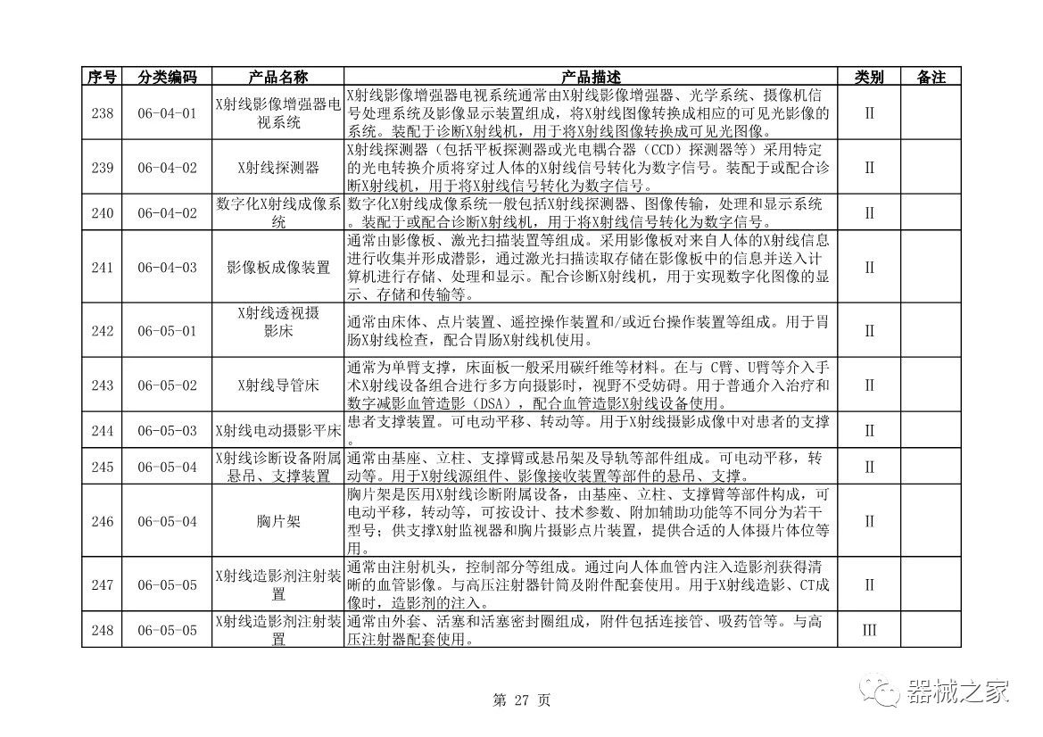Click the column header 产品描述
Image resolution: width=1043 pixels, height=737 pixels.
(x=590, y=78)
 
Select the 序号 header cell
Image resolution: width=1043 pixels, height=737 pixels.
(x=103, y=78)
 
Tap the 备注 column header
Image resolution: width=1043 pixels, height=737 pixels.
(x=931, y=78)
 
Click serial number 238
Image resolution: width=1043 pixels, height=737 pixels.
(x=103, y=113)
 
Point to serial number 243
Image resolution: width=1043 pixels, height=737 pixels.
(x=103, y=385)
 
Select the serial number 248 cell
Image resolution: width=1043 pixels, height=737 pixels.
(x=103, y=630)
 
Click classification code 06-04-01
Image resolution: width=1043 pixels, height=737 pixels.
(x=167, y=113)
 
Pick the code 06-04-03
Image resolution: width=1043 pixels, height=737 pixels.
(x=167, y=267)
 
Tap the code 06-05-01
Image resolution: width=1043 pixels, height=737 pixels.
(x=167, y=331)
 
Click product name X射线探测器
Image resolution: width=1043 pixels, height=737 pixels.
(x=278, y=167)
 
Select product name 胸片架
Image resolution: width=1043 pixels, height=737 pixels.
(x=278, y=521)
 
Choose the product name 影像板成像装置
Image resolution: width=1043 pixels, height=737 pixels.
(x=278, y=267)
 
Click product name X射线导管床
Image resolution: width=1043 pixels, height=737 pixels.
(x=278, y=385)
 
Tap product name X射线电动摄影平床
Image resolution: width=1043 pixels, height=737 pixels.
(x=278, y=431)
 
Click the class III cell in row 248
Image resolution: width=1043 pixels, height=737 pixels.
(x=869, y=630)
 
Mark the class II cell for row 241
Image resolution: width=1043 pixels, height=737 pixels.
(x=869, y=267)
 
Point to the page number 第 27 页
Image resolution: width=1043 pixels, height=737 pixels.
(x=521, y=700)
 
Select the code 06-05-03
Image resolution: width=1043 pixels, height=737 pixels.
(x=167, y=431)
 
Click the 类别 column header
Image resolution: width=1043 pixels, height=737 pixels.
(x=869, y=78)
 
